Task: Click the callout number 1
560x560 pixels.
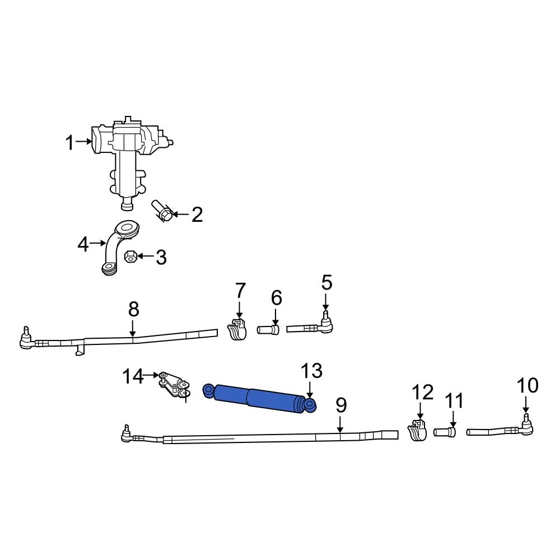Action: pos(69,143)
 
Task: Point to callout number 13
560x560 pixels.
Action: pos(312,371)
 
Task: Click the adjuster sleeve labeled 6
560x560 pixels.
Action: pos(268,330)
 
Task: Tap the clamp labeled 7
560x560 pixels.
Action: pos(237,330)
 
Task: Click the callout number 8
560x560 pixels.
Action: pos(133,309)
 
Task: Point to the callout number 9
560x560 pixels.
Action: pos(341,405)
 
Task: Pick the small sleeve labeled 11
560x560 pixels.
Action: pos(445,432)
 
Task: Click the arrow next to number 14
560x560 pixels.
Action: pos(152,376)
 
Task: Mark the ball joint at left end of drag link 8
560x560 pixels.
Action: pos(25,339)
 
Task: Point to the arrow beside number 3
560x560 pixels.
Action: pos(145,256)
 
